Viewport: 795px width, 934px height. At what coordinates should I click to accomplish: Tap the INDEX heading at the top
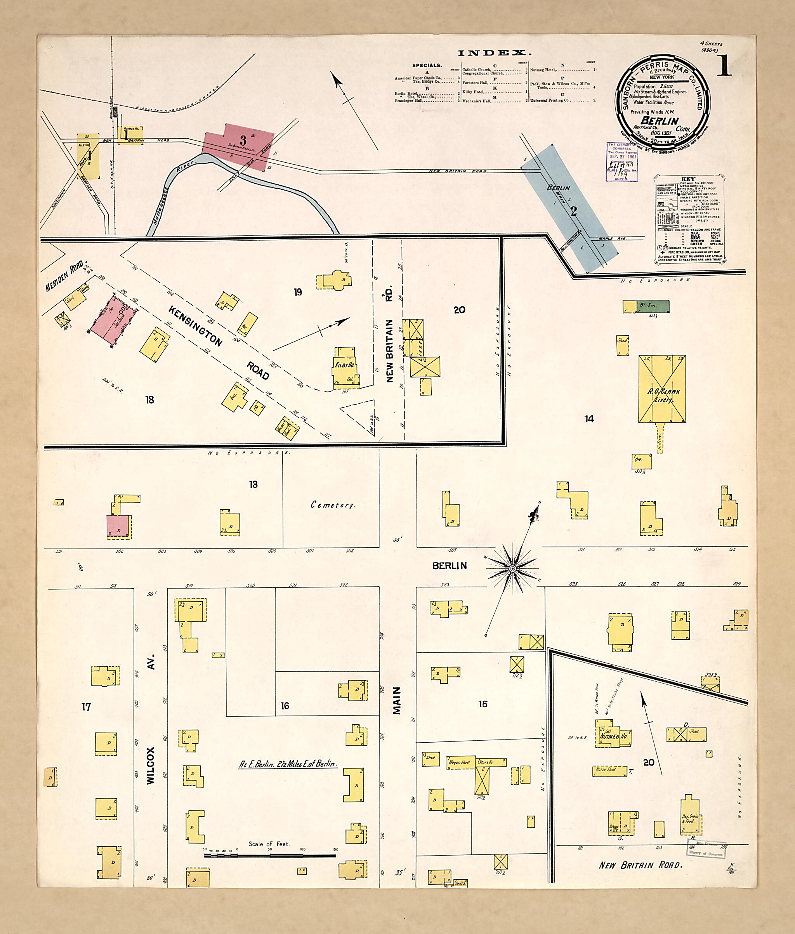(x=495, y=53)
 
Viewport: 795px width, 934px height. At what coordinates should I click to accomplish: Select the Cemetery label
(x=333, y=505)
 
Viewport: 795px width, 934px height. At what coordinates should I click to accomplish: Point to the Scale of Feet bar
(x=269, y=855)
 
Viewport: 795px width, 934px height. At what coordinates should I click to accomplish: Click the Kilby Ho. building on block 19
(x=345, y=367)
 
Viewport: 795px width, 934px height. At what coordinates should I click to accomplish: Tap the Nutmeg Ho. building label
(x=613, y=736)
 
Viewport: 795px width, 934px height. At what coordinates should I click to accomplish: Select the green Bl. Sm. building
(x=653, y=307)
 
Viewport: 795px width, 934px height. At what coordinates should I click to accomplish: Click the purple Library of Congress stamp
(x=621, y=161)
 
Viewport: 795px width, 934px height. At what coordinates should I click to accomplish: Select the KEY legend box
(x=689, y=219)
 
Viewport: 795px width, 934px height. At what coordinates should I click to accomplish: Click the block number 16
(x=285, y=705)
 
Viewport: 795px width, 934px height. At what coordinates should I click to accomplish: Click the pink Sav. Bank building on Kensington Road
(x=112, y=321)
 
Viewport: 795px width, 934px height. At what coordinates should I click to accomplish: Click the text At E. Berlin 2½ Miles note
(x=287, y=764)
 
